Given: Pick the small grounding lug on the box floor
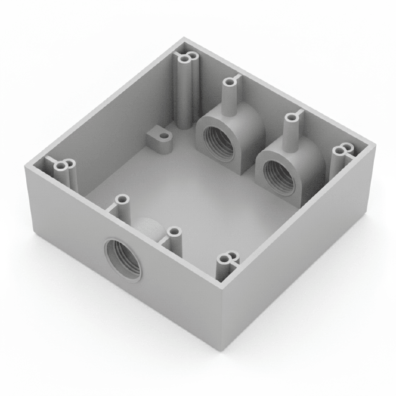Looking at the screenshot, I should [x=160, y=140].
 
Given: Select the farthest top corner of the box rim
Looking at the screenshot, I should [x=183, y=39].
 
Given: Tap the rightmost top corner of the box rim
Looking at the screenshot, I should [x=375, y=145].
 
